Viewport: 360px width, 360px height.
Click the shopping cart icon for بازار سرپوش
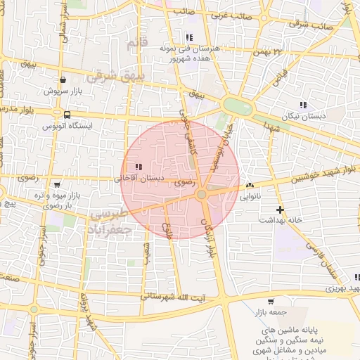(x=64, y=80)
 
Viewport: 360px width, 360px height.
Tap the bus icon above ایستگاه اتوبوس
(x=67, y=115)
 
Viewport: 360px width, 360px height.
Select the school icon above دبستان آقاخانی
(x=138, y=167)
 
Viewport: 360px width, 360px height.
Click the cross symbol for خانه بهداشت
(x=280, y=210)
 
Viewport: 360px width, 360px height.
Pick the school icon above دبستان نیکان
(x=303, y=105)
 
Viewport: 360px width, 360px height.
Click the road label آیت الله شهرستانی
(x=169, y=297)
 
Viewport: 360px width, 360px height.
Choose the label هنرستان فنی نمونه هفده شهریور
(x=191, y=53)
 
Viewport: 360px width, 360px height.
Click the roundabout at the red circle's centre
(x=202, y=194)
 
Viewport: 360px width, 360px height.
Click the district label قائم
(x=137, y=44)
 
